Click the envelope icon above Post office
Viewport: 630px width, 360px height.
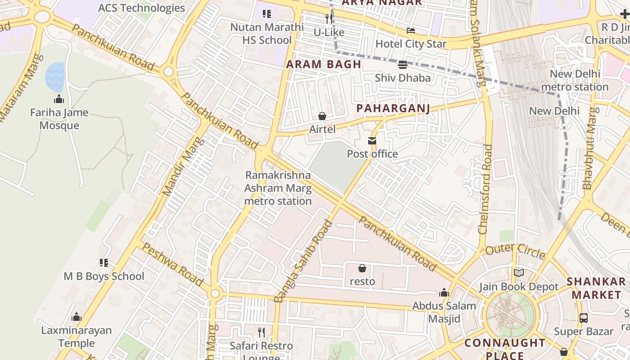pyautogui.click(x=372, y=141)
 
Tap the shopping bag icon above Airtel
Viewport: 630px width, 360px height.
pyautogui.click(x=322, y=116)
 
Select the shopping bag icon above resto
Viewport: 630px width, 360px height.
pyautogui.click(x=362, y=269)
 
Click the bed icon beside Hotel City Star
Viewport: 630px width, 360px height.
pyautogui.click(x=411, y=31)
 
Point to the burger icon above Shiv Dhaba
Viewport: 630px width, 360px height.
pyautogui.click(x=403, y=64)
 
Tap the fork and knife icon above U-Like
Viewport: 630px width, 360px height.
pyautogui.click(x=329, y=19)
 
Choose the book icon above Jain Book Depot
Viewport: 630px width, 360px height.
pyautogui.click(x=519, y=273)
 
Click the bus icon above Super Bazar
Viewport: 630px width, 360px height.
pyautogui.click(x=584, y=318)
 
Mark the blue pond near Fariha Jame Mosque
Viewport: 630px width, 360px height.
pyautogui.click(x=55, y=77)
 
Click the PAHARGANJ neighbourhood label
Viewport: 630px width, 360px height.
pyautogui.click(x=393, y=108)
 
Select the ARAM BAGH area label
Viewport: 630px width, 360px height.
pyautogui.click(x=324, y=64)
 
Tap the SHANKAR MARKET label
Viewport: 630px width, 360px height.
pyautogui.click(x=596, y=288)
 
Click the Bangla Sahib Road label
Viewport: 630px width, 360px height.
pyautogui.click(x=303, y=261)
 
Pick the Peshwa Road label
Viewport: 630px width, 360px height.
pyautogui.click(x=172, y=264)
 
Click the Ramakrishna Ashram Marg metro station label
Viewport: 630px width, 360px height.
pyautogui.click(x=278, y=188)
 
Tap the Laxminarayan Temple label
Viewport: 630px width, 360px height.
pyautogui.click(x=76, y=337)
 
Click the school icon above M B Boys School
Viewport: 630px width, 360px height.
pyautogui.click(x=104, y=262)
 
